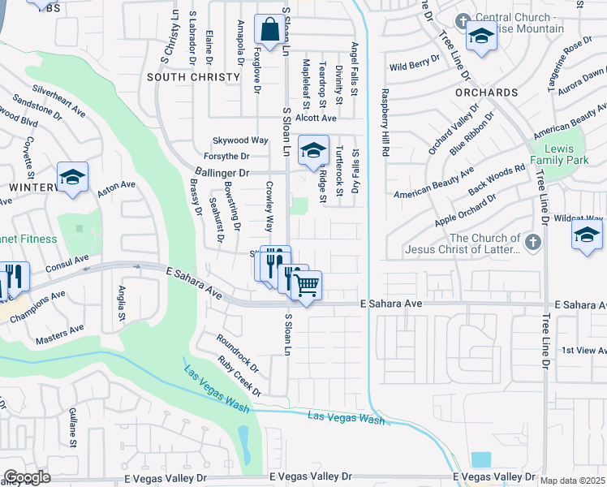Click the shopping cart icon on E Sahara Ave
click(x=306, y=285)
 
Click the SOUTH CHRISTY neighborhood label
click(x=193, y=77)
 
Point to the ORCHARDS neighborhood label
click(x=486, y=93)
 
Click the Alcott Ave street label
click(x=316, y=118)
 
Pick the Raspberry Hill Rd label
click(x=385, y=123)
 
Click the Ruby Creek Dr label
click(x=239, y=375)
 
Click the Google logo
click(x=27, y=477)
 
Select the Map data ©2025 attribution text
click(x=572, y=481)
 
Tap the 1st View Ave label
click(x=583, y=350)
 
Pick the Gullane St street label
click(x=73, y=427)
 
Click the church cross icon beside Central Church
click(x=463, y=21)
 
